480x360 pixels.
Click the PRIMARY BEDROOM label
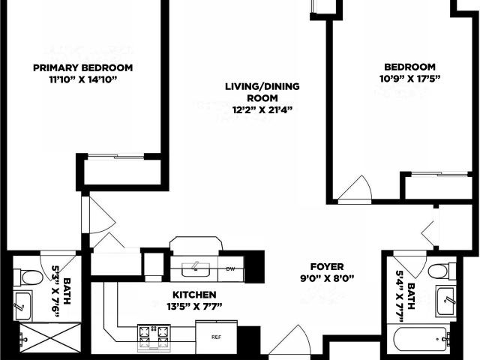click(83, 67)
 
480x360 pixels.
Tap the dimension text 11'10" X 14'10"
click(83, 80)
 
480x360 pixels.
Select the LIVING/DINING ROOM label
click(262, 92)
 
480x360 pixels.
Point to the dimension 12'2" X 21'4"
click(262, 110)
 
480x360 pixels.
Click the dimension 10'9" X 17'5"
click(410, 79)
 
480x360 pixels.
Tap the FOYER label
click(327, 267)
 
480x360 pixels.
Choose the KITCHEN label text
click(194, 295)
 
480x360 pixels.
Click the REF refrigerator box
click(217, 337)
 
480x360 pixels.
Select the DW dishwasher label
click(230, 269)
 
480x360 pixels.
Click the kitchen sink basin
click(196, 269)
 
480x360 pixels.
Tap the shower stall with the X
click(50, 338)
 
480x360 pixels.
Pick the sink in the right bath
click(447, 301)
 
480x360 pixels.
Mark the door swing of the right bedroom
click(355, 190)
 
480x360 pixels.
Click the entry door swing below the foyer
click(286, 340)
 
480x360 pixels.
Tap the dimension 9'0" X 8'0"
click(327, 279)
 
